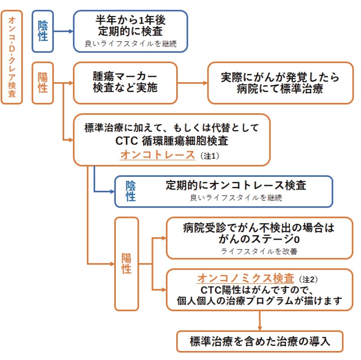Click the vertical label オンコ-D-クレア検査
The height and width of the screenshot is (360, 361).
point(12,57)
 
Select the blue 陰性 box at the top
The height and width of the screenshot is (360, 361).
point(43,31)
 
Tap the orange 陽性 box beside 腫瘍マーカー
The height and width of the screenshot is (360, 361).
point(43,83)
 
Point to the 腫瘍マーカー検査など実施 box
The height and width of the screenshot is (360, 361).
point(125,83)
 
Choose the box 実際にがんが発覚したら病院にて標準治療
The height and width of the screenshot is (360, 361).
point(280,83)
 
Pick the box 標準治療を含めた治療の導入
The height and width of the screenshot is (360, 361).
point(260,342)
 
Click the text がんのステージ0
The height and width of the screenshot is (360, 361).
point(259,240)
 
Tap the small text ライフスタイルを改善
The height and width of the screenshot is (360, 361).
point(259,251)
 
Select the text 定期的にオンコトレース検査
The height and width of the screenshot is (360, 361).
point(236,185)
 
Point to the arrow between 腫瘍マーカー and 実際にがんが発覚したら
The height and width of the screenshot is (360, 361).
point(192,83)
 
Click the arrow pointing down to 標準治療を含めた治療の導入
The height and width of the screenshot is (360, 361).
point(260,321)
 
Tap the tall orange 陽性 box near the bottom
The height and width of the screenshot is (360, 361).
point(127,263)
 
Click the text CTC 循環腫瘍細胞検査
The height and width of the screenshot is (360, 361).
point(172,141)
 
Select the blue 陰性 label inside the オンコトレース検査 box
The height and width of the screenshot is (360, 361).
point(131,191)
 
